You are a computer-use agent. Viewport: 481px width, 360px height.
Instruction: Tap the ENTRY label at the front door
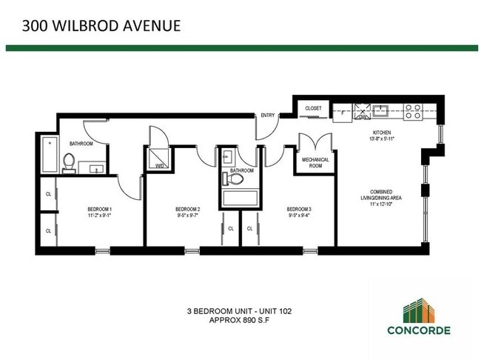(267, 116)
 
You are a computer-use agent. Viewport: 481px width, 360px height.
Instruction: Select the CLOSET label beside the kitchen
(314, 109)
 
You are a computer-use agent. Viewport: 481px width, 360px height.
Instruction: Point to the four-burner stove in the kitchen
(414, 111)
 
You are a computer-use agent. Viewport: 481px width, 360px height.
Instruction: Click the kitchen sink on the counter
(382, 112)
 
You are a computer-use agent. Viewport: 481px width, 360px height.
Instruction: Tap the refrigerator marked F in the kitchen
(342, 113)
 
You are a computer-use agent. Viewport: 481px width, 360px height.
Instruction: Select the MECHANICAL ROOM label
(316, 162)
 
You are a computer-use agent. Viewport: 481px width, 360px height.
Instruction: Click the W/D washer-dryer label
(159, 167)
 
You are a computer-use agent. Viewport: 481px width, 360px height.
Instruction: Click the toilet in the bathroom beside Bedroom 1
(69, 161)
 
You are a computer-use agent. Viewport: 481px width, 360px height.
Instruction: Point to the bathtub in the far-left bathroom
(48, 153)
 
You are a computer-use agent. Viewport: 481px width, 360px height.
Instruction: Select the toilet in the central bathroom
(228, 178)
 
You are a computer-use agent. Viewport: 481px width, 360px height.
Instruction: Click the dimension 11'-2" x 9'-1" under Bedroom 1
(99, 217)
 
